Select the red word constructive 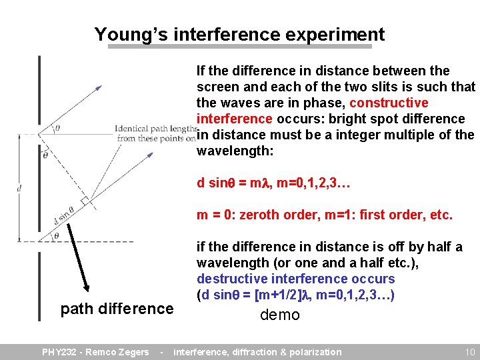[389, 103]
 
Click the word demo [280, 315]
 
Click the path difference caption [117, 309]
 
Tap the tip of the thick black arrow [86, 291]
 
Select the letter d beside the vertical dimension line [20, 188]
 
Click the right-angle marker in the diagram [85, 201]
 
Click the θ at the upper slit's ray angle [57, 129]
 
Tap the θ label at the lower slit [57, 235]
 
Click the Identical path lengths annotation [156, 133]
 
